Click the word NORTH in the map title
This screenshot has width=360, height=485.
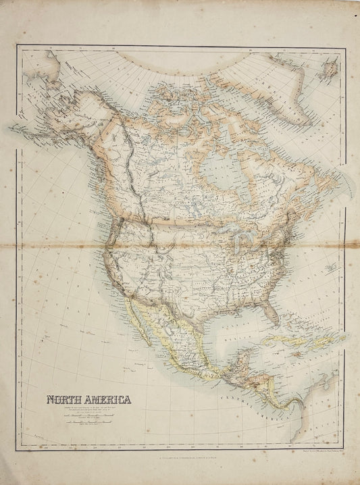(62, 399)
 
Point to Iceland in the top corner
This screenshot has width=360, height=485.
(330, 68)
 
